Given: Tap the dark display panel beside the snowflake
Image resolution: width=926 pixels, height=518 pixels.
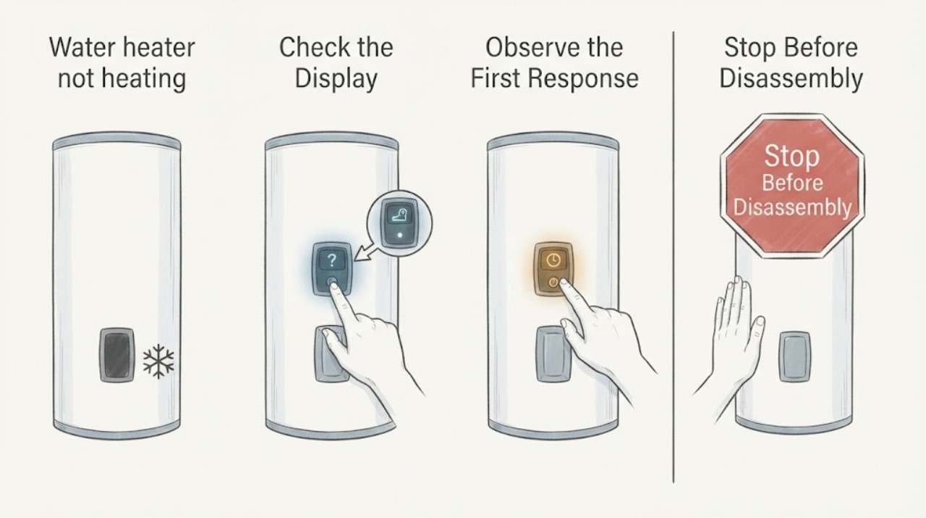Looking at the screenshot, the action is click(117, 355).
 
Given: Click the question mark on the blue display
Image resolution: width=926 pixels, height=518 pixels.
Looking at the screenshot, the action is click(331, 261).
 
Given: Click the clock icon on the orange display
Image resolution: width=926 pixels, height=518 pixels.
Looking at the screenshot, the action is click(553, 261).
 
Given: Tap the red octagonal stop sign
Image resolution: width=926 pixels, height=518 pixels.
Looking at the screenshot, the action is click(792, 186).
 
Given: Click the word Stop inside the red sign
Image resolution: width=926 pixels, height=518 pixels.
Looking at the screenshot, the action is click(791, 156).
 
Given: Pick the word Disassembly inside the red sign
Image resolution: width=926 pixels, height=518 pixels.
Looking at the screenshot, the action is click(792, 207).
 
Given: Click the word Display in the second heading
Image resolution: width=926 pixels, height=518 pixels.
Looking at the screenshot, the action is click(336, 79).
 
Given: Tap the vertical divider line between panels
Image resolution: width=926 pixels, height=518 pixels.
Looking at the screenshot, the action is click(674, 256).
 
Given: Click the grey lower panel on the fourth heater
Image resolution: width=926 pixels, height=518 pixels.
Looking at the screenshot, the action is click(794, 356).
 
